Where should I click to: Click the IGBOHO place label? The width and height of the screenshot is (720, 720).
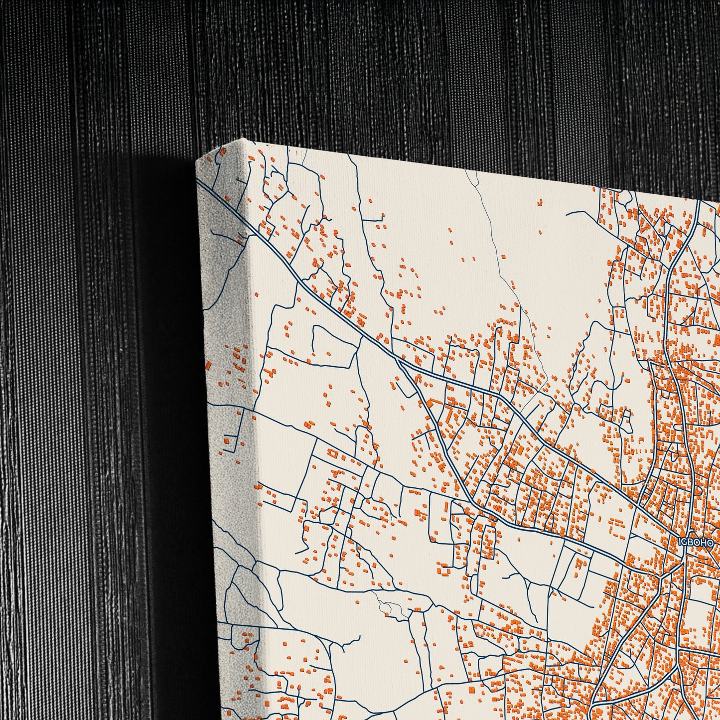pos(696,543)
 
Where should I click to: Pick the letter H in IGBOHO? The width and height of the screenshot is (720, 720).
pos(703,543)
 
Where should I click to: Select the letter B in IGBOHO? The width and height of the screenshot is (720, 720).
pos(691,543)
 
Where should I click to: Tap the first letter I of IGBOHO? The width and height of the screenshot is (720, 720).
pos(680,543)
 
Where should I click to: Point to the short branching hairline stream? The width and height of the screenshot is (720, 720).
pos(391,605)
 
